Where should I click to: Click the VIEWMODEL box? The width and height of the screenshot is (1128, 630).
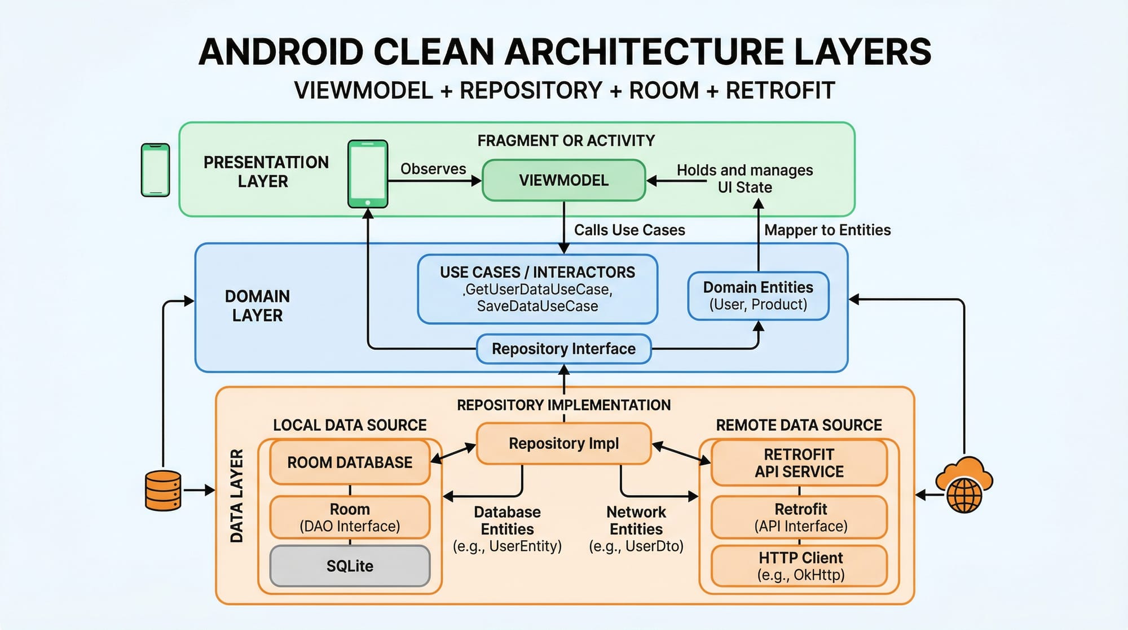tap(563, 180)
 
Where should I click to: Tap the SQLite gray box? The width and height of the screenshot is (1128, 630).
tap(350, 566)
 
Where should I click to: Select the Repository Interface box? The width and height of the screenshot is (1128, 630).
tap(563, 349)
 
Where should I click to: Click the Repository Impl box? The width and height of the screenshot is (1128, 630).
tap(563, 444)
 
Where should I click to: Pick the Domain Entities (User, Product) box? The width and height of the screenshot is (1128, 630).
tap(758, 296)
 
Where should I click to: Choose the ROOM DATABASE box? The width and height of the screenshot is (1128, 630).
tap(350, 462)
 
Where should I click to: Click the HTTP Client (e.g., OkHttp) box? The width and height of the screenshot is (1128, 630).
tap(800, 566)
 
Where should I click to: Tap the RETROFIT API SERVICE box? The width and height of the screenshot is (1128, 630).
tap(799, 463)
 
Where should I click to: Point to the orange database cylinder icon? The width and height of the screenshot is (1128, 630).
tap(163, 491)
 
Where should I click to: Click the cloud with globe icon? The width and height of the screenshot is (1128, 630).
tap(964, 485)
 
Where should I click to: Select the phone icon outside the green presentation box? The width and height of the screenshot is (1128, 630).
tap(155, 170)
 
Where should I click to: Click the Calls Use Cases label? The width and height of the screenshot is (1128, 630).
tap(629, 230)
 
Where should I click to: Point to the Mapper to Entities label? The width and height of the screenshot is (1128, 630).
tap(827, 230)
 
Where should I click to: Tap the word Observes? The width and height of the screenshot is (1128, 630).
tap(433, 169)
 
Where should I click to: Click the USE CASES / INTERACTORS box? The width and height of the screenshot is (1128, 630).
tap(537, 289)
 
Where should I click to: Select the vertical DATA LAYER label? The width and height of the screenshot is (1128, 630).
tap(237, 496)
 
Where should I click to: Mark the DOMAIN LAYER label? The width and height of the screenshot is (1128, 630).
tap(257, 305)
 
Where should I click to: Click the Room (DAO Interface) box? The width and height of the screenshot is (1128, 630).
tap(350, 517)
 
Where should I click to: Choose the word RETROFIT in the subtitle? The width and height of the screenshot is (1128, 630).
tap(780, 90)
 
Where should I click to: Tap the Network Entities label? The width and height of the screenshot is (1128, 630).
tap(636, 520)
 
